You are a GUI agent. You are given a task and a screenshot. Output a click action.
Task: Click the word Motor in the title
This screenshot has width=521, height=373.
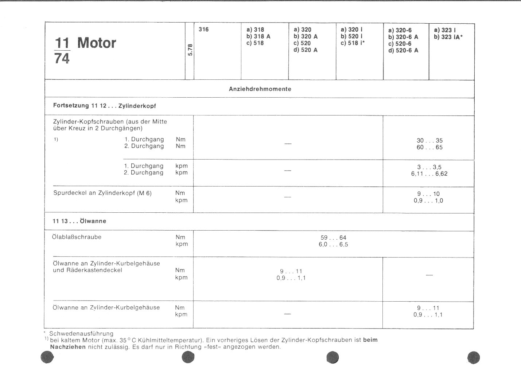click(x=97, y=43)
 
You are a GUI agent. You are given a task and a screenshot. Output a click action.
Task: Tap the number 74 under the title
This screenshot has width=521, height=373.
click(x=62, y=58)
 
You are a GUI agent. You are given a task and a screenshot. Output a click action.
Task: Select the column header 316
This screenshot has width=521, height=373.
click(x=204, y=30)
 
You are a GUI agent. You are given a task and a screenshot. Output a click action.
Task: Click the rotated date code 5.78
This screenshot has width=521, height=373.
click(x=190, y=50)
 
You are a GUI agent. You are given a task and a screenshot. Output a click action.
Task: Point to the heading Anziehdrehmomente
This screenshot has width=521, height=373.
click(x=260, y=89)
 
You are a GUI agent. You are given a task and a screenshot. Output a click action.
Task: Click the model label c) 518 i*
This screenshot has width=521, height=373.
click(x=353, y=43)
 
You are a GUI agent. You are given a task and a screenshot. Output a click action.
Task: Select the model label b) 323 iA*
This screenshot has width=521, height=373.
click(x=448, y=37)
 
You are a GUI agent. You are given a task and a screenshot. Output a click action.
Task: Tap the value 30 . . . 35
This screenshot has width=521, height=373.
click(x=429, y=141)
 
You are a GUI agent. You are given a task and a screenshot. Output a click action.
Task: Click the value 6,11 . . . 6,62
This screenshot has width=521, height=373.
click(x=429, y=174)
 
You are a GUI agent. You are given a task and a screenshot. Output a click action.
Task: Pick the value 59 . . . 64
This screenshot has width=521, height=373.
click(x=333, y=237)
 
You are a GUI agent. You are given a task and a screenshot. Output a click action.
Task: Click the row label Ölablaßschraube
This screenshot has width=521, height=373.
click(x=77, y=237)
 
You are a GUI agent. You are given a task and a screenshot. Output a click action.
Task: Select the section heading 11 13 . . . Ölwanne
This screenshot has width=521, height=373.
click(x=79, y=221)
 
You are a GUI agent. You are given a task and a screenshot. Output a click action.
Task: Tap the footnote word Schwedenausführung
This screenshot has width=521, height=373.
click(x=81, y=333)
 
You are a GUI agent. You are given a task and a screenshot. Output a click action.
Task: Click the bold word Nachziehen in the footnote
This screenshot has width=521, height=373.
click(x=68, y=347)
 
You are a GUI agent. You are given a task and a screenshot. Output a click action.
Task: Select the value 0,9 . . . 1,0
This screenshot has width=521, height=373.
click(x=428, y=201)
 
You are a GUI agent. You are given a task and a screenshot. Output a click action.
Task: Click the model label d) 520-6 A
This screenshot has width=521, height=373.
click(x=403, y=50)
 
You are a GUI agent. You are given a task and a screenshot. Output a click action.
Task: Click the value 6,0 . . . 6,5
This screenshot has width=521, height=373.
click(x=333, y=244)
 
